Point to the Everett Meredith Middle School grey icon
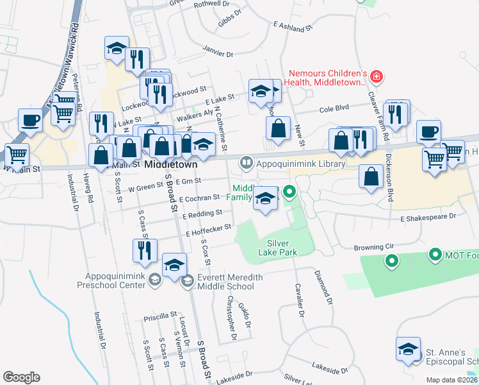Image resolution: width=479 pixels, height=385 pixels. [x=187, y=280]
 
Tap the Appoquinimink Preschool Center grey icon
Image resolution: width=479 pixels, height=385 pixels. [x=154, y=279]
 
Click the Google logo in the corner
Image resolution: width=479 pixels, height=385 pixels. [x=21, y=377]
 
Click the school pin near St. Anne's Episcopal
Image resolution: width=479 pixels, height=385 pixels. [x=408, y=350]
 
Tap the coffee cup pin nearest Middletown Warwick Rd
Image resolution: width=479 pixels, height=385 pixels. [x=30, y=120]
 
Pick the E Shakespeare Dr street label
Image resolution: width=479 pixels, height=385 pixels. [x=428, y=219]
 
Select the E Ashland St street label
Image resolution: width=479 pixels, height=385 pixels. [x=291, y=26]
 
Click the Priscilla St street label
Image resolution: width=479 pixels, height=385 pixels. [x=160, y=316]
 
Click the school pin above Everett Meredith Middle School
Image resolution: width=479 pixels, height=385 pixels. [x=174, y=265]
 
